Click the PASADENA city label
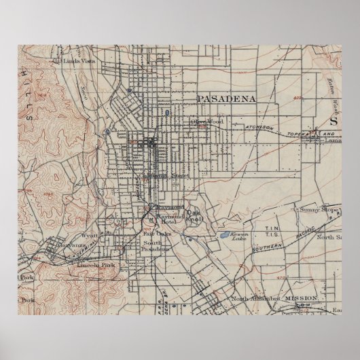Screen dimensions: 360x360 226,98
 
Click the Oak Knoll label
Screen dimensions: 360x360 194,213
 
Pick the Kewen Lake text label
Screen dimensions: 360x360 237,237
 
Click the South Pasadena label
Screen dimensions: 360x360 156,246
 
